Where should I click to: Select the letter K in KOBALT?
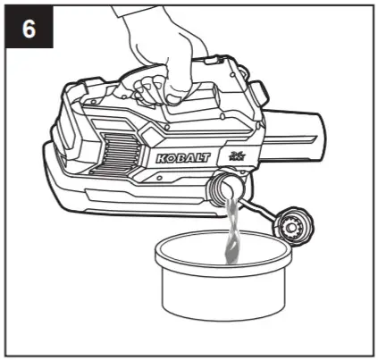click(x=161, y=159)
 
